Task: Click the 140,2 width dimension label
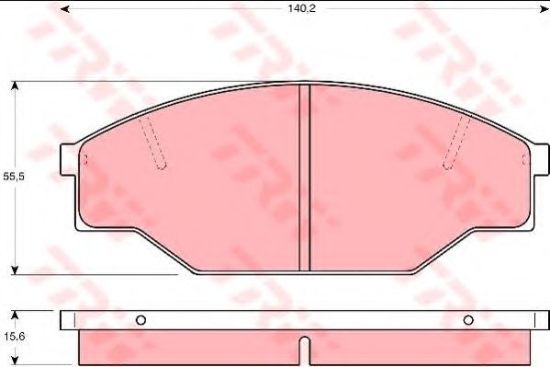coord(302,8)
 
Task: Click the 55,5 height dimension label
coord(14,177)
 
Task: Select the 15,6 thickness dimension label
coord(15,337)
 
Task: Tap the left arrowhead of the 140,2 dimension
coord(64,9)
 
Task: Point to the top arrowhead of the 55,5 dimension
coord(15,86)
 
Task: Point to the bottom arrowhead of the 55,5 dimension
coord(15,270)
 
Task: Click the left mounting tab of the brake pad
coord(68,160)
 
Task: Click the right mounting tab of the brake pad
coord(541,160)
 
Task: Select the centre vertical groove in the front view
coord(305,178)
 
